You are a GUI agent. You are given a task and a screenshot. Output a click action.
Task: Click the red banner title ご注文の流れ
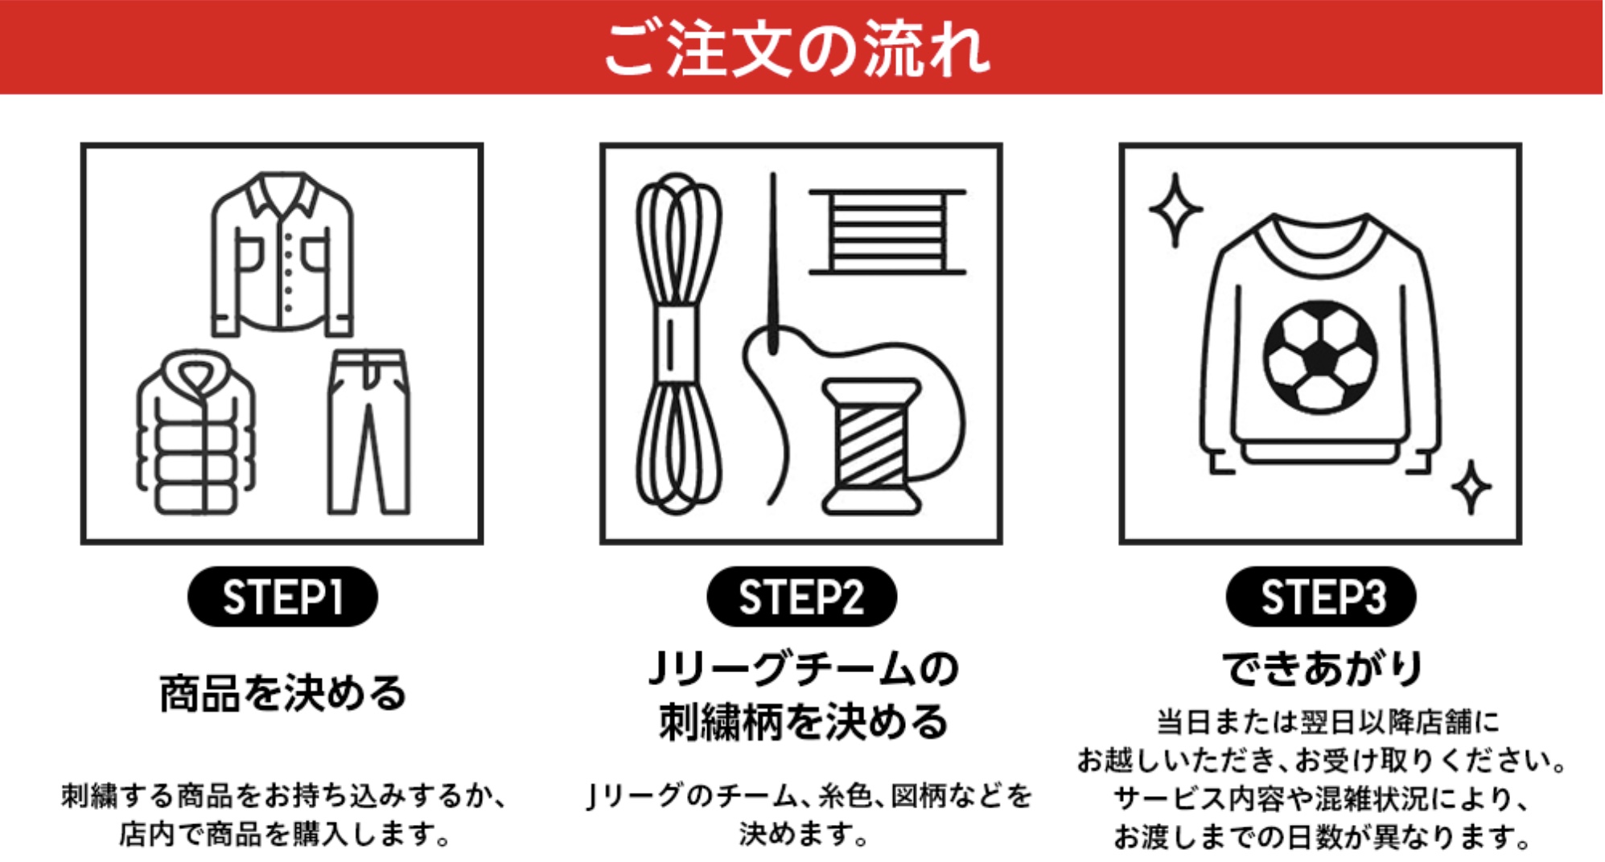(797, 48)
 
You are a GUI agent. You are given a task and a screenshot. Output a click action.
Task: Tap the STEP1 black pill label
(282, 597)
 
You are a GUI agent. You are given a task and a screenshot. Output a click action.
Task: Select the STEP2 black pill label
(801, 597)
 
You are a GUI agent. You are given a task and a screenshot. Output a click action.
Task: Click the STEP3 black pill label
(1321, 597)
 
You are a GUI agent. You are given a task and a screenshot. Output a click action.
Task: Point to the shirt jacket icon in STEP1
(282, 253)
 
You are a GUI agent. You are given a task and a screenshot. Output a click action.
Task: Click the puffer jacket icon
(196, 432)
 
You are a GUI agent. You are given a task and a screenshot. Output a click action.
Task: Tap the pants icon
(368, 432)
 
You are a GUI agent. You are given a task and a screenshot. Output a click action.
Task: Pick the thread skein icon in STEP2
(678, 343)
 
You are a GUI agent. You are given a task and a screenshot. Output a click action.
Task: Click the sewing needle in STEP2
(772, 263)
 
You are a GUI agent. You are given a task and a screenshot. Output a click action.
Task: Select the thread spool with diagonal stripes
(871, 446)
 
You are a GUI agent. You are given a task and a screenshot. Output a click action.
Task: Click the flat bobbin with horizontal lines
(887, 232)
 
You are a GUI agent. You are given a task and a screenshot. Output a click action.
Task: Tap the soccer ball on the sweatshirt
(1320, 357)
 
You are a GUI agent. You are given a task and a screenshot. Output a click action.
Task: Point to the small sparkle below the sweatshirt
(1471, 486)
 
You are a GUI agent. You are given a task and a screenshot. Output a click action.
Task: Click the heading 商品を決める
(282, 693)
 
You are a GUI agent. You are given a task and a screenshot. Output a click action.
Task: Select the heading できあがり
(1322, 668)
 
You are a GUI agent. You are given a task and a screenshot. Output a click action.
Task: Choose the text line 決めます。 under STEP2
(803, 834)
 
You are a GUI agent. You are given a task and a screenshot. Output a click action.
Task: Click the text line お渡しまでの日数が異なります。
(1322, 837)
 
